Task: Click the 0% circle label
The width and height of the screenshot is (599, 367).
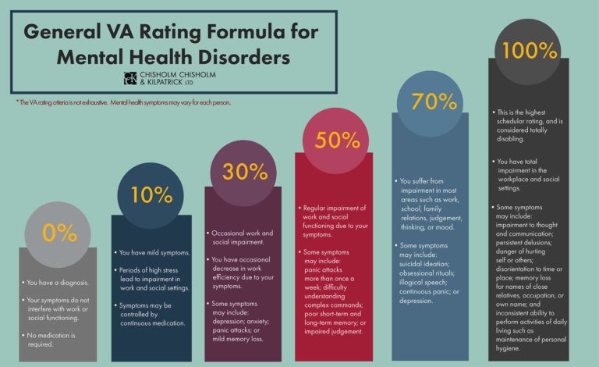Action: (x=60, y=233)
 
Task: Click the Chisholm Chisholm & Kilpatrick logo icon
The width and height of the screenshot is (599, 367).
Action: (x=129, y=77)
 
